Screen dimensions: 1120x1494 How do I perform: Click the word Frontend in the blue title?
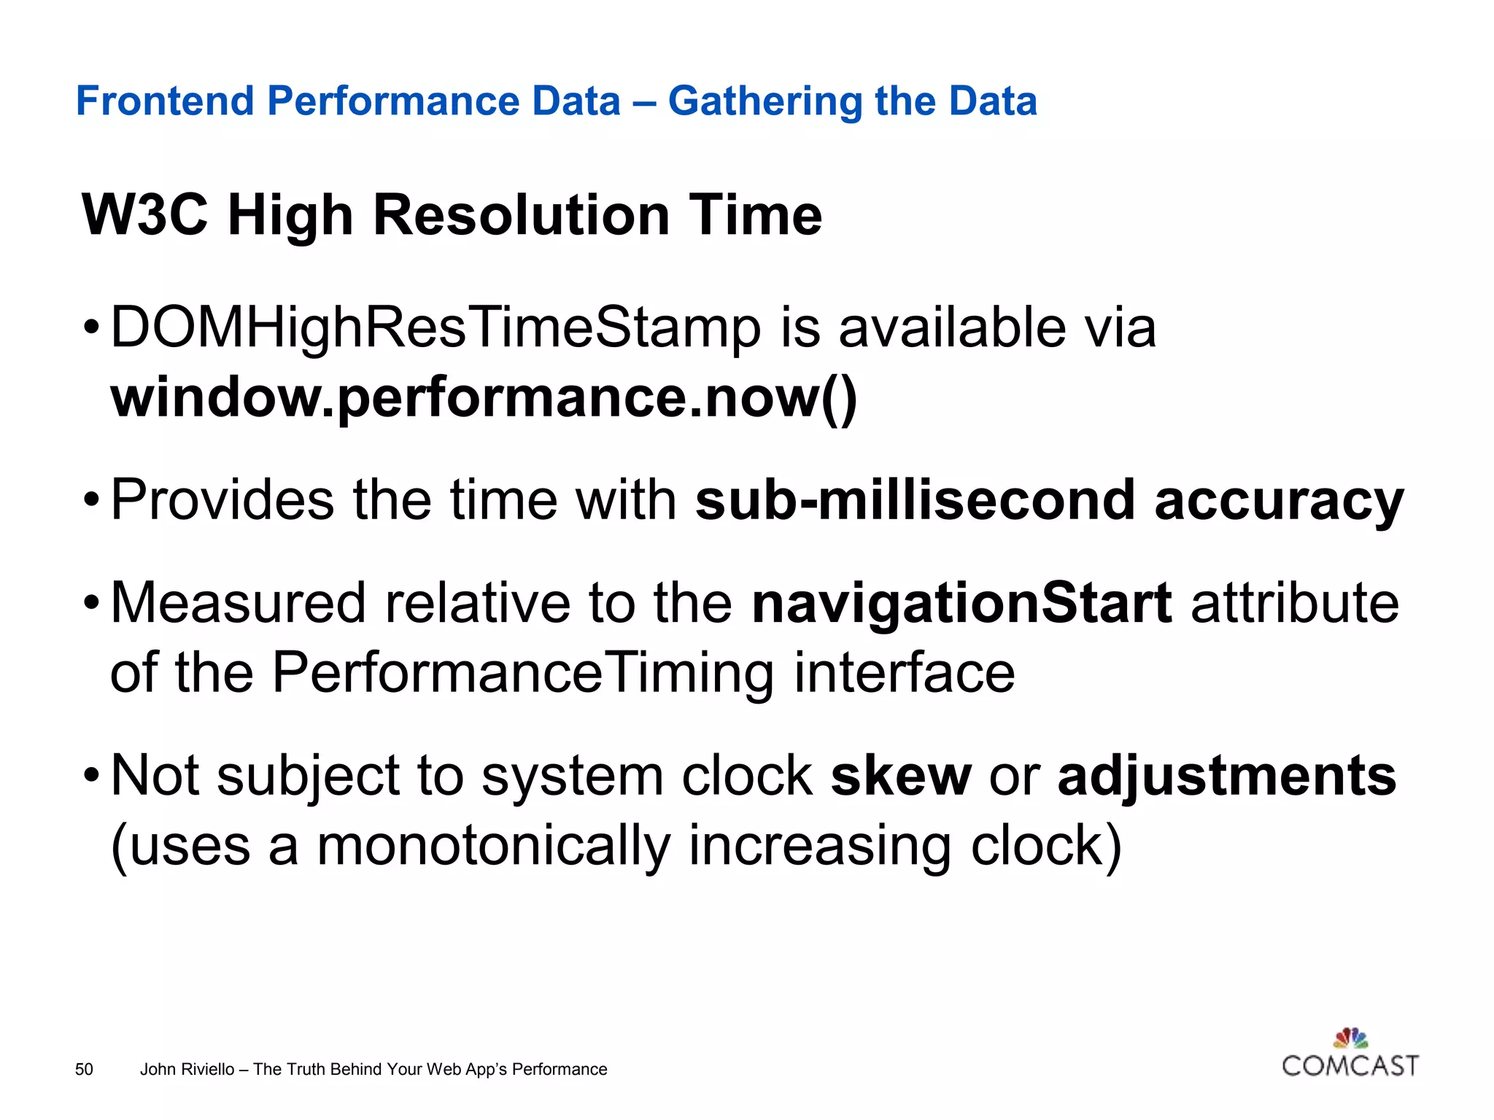[165, 101]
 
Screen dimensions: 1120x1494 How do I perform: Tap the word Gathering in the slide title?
[764, 101]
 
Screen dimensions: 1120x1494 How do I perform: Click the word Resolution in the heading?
[521, 215]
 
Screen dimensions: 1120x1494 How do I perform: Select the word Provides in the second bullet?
[222, 500]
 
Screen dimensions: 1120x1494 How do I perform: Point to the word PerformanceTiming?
[522, 672]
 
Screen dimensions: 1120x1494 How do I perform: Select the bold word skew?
[901, 775]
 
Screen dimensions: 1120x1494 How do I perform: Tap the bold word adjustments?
[1226, 777]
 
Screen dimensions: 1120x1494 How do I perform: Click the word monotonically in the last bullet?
[493, 846]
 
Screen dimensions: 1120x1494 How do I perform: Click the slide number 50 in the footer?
[84, 1069]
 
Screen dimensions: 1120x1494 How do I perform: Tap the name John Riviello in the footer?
[187, 1069]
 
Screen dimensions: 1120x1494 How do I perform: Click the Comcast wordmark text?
[1350, 1066]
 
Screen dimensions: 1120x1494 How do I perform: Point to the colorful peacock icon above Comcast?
[1350, 1038]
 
